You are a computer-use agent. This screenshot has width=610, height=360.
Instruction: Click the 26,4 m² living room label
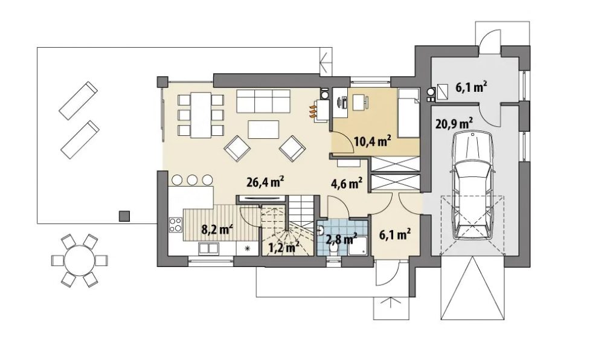click(265, 182)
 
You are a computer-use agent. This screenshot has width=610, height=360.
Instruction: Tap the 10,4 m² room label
click(372, 141)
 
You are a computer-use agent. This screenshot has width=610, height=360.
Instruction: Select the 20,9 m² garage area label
click(454, 123)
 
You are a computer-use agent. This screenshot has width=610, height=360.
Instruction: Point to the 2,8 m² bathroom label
click(341, 239)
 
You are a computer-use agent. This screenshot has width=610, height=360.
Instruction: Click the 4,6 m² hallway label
click(347, 183)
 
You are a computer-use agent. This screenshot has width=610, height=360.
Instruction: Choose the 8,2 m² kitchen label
click(217, 229)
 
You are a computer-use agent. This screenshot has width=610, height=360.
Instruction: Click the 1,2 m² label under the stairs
click(284, 247)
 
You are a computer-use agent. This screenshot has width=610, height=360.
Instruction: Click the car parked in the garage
click(472, 185)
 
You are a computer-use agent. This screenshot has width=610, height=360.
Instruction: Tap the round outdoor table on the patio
click(80, 260)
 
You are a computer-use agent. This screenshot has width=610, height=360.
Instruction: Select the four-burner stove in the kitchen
click(176, 225)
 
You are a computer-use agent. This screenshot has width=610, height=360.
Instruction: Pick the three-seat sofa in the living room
click(263, 101)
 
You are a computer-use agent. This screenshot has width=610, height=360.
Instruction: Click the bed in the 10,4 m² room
click(408, 113)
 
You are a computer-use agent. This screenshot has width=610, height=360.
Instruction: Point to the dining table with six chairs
click(201, 115)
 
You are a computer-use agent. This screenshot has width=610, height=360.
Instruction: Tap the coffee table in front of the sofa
click(263, 129)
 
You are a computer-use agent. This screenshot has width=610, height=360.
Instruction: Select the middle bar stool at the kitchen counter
click(192, 180)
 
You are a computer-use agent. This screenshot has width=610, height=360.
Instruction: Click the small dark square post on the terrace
click(124, 216)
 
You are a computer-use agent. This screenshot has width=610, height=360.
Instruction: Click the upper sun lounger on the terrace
click(78, 100)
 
